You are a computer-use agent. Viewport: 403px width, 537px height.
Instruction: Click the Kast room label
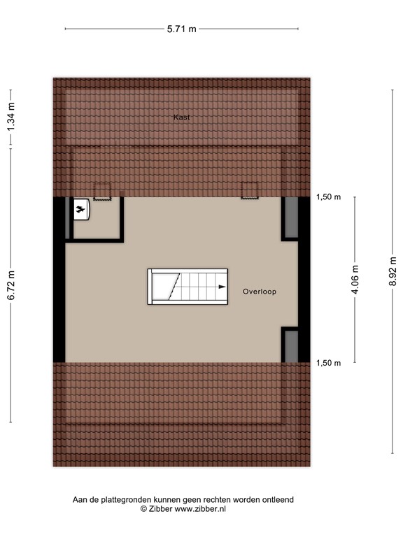pyautogui.click(x=182, y=117)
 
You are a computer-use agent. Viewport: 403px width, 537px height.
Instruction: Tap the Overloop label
pyautogui.click(x=260, y=291)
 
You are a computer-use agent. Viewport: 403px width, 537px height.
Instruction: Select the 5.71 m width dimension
pyautogui.click(x=181, y=29)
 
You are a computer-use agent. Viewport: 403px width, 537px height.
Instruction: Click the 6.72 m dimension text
pyautogui.click(x=11, y=286)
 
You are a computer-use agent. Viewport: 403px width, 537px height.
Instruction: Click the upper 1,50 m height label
pyautogui.click(x=328, y=197)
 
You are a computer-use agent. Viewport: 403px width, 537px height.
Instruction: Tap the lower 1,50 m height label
pyautogui.click(x=328, y=363)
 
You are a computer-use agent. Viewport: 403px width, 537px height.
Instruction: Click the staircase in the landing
pyautogui.click(x=188, y=287)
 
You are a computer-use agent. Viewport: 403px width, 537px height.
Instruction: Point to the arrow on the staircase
pyautogui.click(x=221, y=287)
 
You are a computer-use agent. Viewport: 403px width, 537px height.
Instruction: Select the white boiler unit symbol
pyautogui.click(x=81, y=208)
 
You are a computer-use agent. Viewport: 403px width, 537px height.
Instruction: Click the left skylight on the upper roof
pyautogui.click(x=103, y=191)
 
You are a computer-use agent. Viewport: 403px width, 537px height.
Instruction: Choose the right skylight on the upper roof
pyautogui.click(x=250, y=190)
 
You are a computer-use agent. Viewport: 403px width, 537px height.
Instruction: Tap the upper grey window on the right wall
pyautogui.click(x=290, y=218)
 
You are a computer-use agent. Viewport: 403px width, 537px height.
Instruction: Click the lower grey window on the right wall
pyautogui.click(x=290, y=345)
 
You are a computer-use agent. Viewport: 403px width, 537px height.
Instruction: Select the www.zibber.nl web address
pyautogui.click(x=200, y=509)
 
